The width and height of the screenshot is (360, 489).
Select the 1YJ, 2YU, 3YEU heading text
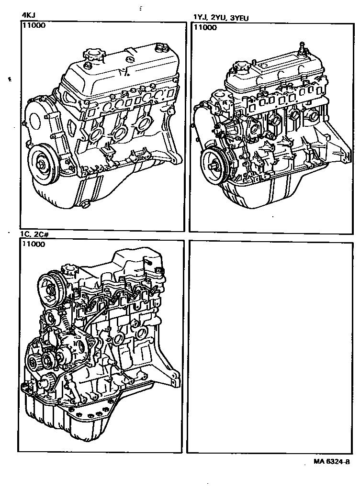221,18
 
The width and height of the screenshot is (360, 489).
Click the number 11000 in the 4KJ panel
34,25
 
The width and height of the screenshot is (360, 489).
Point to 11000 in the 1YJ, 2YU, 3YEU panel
205,27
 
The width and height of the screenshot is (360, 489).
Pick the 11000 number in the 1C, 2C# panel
33,244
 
